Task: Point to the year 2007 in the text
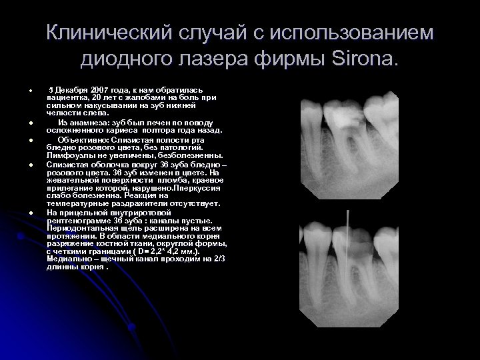pyautogui.click(x=99, y=90)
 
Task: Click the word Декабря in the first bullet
pyautogui.click(x=70, y=90)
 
